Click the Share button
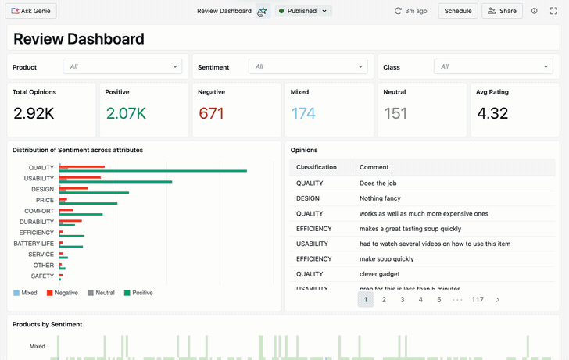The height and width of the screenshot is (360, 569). (502, 11)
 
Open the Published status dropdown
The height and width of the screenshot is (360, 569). (303, 11)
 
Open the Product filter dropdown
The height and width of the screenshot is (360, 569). (123, 67)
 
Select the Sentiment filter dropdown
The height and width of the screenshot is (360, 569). (308, 67)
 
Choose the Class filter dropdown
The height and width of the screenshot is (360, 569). (493, 67)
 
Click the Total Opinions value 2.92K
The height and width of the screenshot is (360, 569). (34, 113)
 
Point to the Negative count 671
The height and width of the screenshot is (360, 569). (211, 113)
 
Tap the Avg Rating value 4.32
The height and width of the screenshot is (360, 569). (492, 113)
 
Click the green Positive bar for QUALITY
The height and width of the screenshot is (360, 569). (156, 171)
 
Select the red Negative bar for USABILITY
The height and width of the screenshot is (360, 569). (81, 178)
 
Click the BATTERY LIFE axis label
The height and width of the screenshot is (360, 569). (34, 244)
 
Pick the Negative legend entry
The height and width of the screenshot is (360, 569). (63, 293)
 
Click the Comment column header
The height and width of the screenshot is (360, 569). (374, 167)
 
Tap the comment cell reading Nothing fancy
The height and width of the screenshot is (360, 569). (380, 198)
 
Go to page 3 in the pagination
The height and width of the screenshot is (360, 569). (403, 299)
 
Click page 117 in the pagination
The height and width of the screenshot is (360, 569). (477, 299)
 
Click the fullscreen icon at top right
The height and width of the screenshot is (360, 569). (554, 11)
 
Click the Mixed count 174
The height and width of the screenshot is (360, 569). (303, 113)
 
